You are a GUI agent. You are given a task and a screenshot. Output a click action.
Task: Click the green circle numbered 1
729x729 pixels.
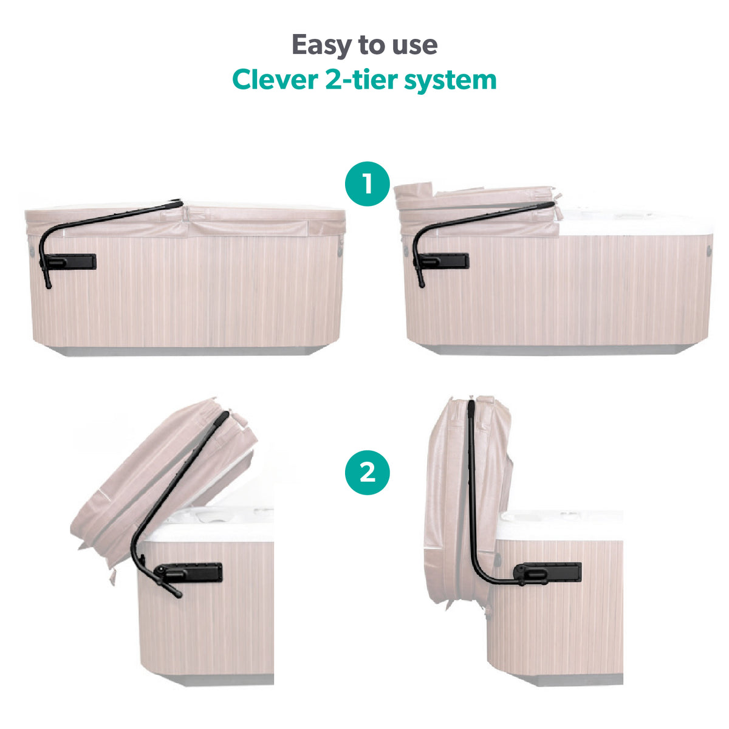click(367, 184)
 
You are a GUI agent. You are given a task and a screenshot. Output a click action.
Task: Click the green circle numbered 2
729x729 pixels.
click(367, 472)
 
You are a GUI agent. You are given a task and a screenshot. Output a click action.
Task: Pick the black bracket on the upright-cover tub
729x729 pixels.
click(550, 572)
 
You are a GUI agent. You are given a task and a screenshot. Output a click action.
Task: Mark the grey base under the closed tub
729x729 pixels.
click(188, 351)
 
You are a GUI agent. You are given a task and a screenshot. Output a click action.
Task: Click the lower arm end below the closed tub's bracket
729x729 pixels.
click(47, 283)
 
